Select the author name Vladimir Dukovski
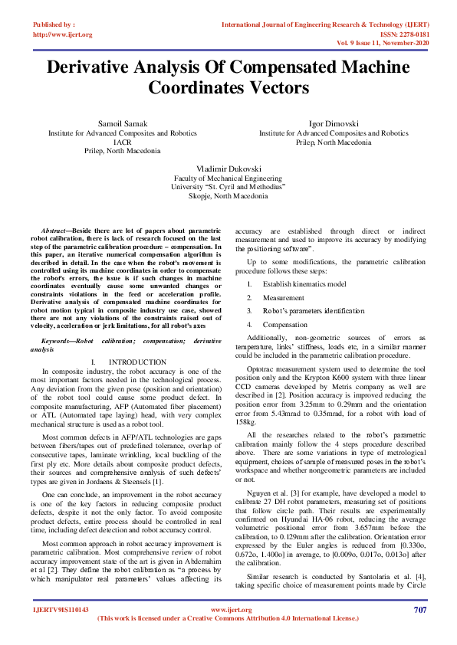tap(228, 167)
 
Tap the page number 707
tap(419, 610)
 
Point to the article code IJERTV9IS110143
tap(61, 610)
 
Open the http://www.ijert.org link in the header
tap(63, 34)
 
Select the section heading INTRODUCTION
tap(137, 361)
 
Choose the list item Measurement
tap(284, 298)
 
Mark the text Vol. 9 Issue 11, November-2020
tap(390, 44)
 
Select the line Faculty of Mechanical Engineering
tap(228, 177)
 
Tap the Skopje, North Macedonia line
tap(228, 195)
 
